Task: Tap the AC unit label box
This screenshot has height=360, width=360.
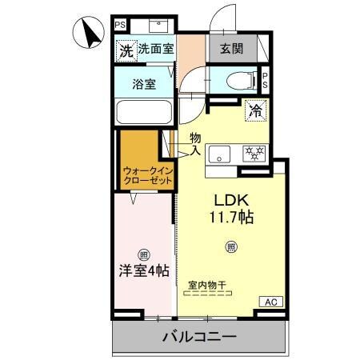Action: pos(270,302)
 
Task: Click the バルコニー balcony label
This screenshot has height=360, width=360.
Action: pos(199,337)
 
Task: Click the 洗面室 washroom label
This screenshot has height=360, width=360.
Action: pos(156,49)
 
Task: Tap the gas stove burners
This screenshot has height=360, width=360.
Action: pos(256,153)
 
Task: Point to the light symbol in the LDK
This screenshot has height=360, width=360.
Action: pos(231,246)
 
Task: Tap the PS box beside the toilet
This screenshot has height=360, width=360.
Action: pos(265,79)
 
